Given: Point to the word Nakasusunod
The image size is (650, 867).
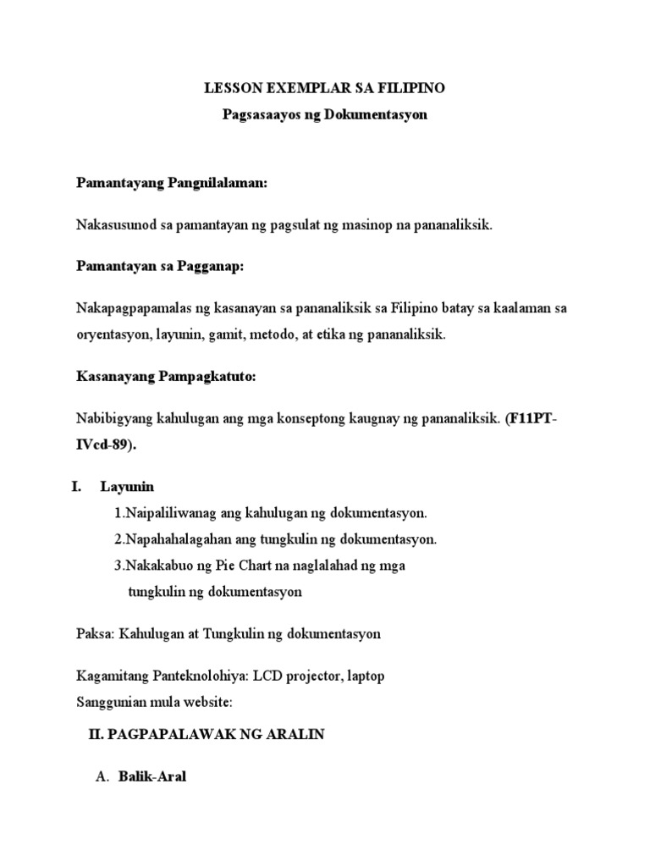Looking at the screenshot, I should tap(114, 225).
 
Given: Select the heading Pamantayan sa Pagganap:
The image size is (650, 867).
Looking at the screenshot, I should tap(159, 267).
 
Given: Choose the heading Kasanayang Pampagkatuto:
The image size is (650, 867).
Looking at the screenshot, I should tap(166, 377).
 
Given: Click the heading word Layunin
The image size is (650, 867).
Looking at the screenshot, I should tap(127, 487).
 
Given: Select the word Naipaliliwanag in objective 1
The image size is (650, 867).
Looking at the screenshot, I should tap(168, 513).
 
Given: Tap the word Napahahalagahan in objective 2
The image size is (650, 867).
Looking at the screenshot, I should tap(174, 539).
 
